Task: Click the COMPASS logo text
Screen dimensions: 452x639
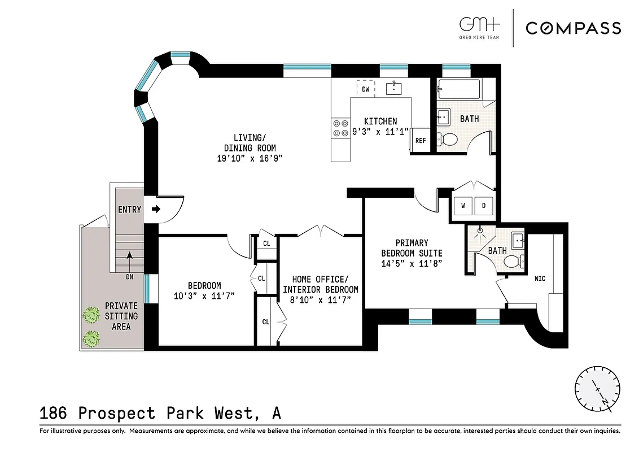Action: (x=573, y=28)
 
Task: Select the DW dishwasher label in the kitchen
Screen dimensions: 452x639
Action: (x=366, y=89)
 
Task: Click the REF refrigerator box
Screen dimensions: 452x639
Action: (x=421, y=141)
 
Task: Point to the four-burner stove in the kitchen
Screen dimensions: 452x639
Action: (x=340, y=128)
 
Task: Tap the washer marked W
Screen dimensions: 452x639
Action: (x=463, y=206)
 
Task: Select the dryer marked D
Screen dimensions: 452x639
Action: (x=484, y=206)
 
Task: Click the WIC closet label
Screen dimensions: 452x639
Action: (x=540, y=279)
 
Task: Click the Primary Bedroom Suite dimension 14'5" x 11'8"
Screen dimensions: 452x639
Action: (x=412, y=263)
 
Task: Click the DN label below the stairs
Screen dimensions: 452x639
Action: (x=129, y=277)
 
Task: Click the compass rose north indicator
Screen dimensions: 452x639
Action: (x=597, y=390)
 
